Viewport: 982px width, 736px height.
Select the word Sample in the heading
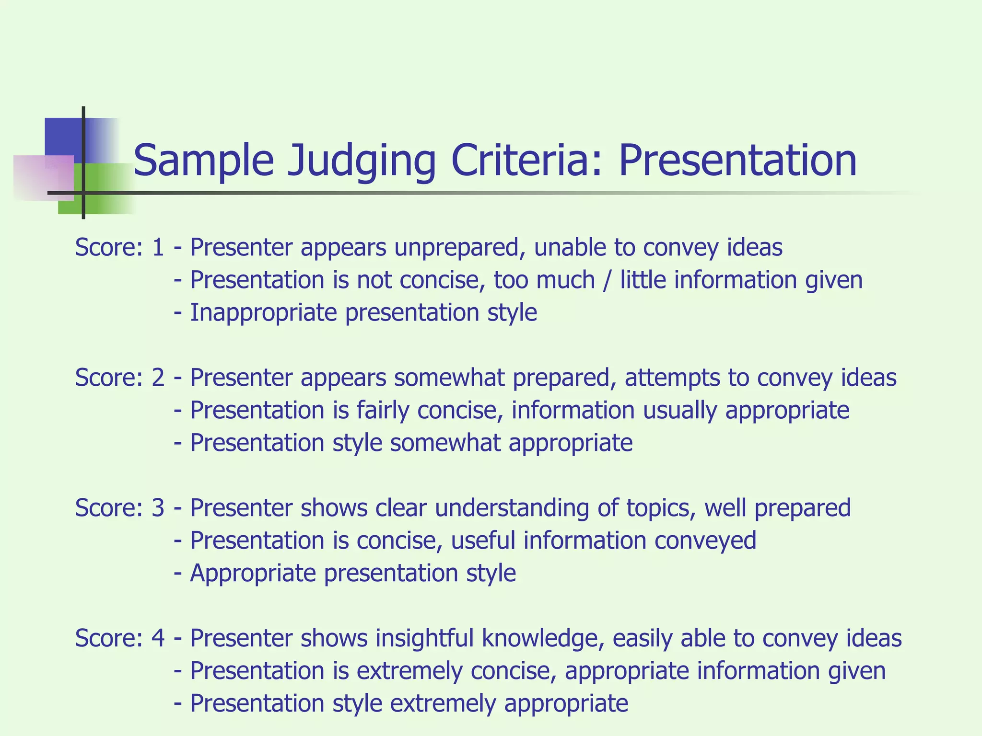[x=203, y=161]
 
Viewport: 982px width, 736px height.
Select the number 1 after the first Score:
[x=158, y=248]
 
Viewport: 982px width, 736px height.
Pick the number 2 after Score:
[x=158, y=378]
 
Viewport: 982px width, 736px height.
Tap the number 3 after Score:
[x=158, y=508]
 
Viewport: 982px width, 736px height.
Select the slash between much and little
[x=608, y=280]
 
